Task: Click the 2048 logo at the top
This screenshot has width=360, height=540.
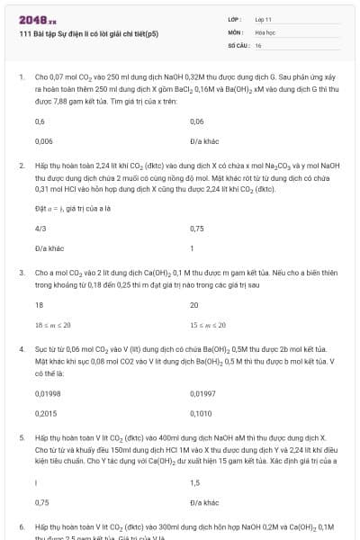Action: click(x=37, y=18)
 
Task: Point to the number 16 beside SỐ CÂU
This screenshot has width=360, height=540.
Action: click(x=258, y=44)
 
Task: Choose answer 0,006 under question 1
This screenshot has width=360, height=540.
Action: click(x=43, y=141)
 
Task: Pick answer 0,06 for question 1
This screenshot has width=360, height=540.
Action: click(x=197, y=121)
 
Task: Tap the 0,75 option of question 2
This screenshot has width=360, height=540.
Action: click(x=197, y=229)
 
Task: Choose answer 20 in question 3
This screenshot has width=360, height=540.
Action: click(x=194, y=305)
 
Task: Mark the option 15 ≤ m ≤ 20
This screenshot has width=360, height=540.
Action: click(x=208, y=325)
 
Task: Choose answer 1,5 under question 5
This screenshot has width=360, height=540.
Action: click(x=194, y=482)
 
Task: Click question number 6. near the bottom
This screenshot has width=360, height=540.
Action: click(x=22, y=525)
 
